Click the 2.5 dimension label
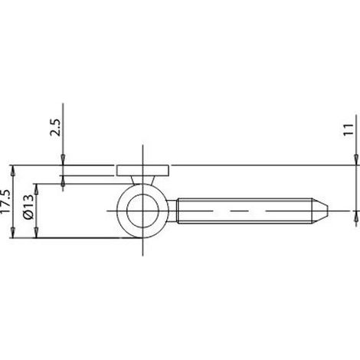click(56, 127)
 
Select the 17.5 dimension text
click(5, 201)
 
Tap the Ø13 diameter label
click(28, 207)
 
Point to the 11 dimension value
click(349, 129)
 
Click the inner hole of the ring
click(142, 211)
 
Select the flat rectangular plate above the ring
click(142, 171)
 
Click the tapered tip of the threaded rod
click(319, 211)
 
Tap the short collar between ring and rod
click(172, 211)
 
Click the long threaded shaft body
click(244, 211)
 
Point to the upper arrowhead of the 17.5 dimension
click(12, 171)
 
